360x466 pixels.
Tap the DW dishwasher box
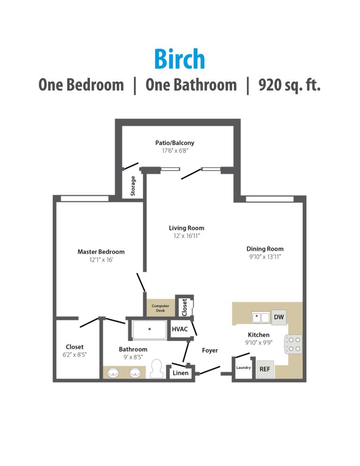(278, 317)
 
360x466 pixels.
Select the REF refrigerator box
(264, 369)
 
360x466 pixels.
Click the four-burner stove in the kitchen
(294, 344)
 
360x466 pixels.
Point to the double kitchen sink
(261, 317)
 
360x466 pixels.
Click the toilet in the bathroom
(157, 368)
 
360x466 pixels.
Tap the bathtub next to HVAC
(149, 330)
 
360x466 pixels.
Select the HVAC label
(180, 329)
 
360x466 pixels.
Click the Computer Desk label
(160, 308)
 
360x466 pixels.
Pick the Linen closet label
(181, 373)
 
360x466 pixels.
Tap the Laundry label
(244, 368)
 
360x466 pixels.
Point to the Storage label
(133, 186)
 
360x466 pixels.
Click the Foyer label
(210, 350)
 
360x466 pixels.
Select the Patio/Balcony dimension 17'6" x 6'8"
(175, 151)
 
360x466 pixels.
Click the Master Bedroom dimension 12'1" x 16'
(101, 260)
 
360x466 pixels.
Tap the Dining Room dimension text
(265, 257)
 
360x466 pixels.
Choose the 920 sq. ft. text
(289, 85)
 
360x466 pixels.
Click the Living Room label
(187, 228)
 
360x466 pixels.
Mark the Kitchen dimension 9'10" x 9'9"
(258, 343)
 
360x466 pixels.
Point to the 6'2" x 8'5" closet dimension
(75, 354)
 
